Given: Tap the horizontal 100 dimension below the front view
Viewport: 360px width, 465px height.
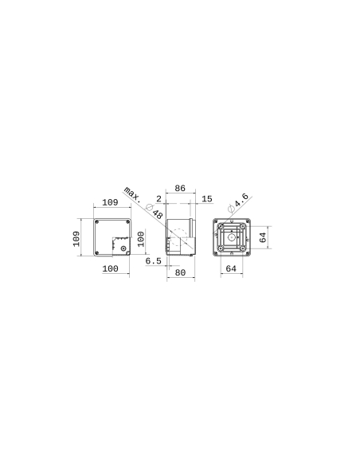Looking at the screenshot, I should tap(111, 269).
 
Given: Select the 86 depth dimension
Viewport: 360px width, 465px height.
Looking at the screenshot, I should tap(180, 189).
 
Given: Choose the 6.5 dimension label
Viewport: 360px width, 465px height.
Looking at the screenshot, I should tap(154, 260).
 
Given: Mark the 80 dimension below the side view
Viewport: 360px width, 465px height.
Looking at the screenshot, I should tap(180, 272).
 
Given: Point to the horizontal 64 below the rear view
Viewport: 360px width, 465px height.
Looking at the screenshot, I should tap(231, 269).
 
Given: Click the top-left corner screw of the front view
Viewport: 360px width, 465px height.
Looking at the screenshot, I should tap(98, 222).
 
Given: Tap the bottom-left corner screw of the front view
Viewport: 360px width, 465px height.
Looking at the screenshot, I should tap(98, 253).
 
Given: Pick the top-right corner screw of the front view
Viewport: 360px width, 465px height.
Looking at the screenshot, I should tap(127, 222).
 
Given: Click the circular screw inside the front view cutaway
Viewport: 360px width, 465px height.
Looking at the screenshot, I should tap(123, 247).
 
